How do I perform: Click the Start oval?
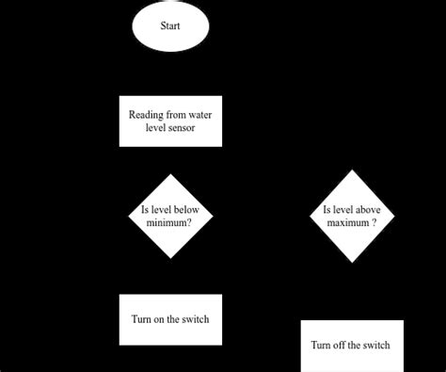pos(170,27)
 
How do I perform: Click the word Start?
pos(170,27)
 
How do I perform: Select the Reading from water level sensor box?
pos(170,121)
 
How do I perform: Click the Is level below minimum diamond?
pos(170,216)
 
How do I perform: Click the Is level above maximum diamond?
pos(352,217)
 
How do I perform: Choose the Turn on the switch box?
pos(170,319)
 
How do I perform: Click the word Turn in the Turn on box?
pos(140,319)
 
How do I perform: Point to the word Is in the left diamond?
pos(144,210)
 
